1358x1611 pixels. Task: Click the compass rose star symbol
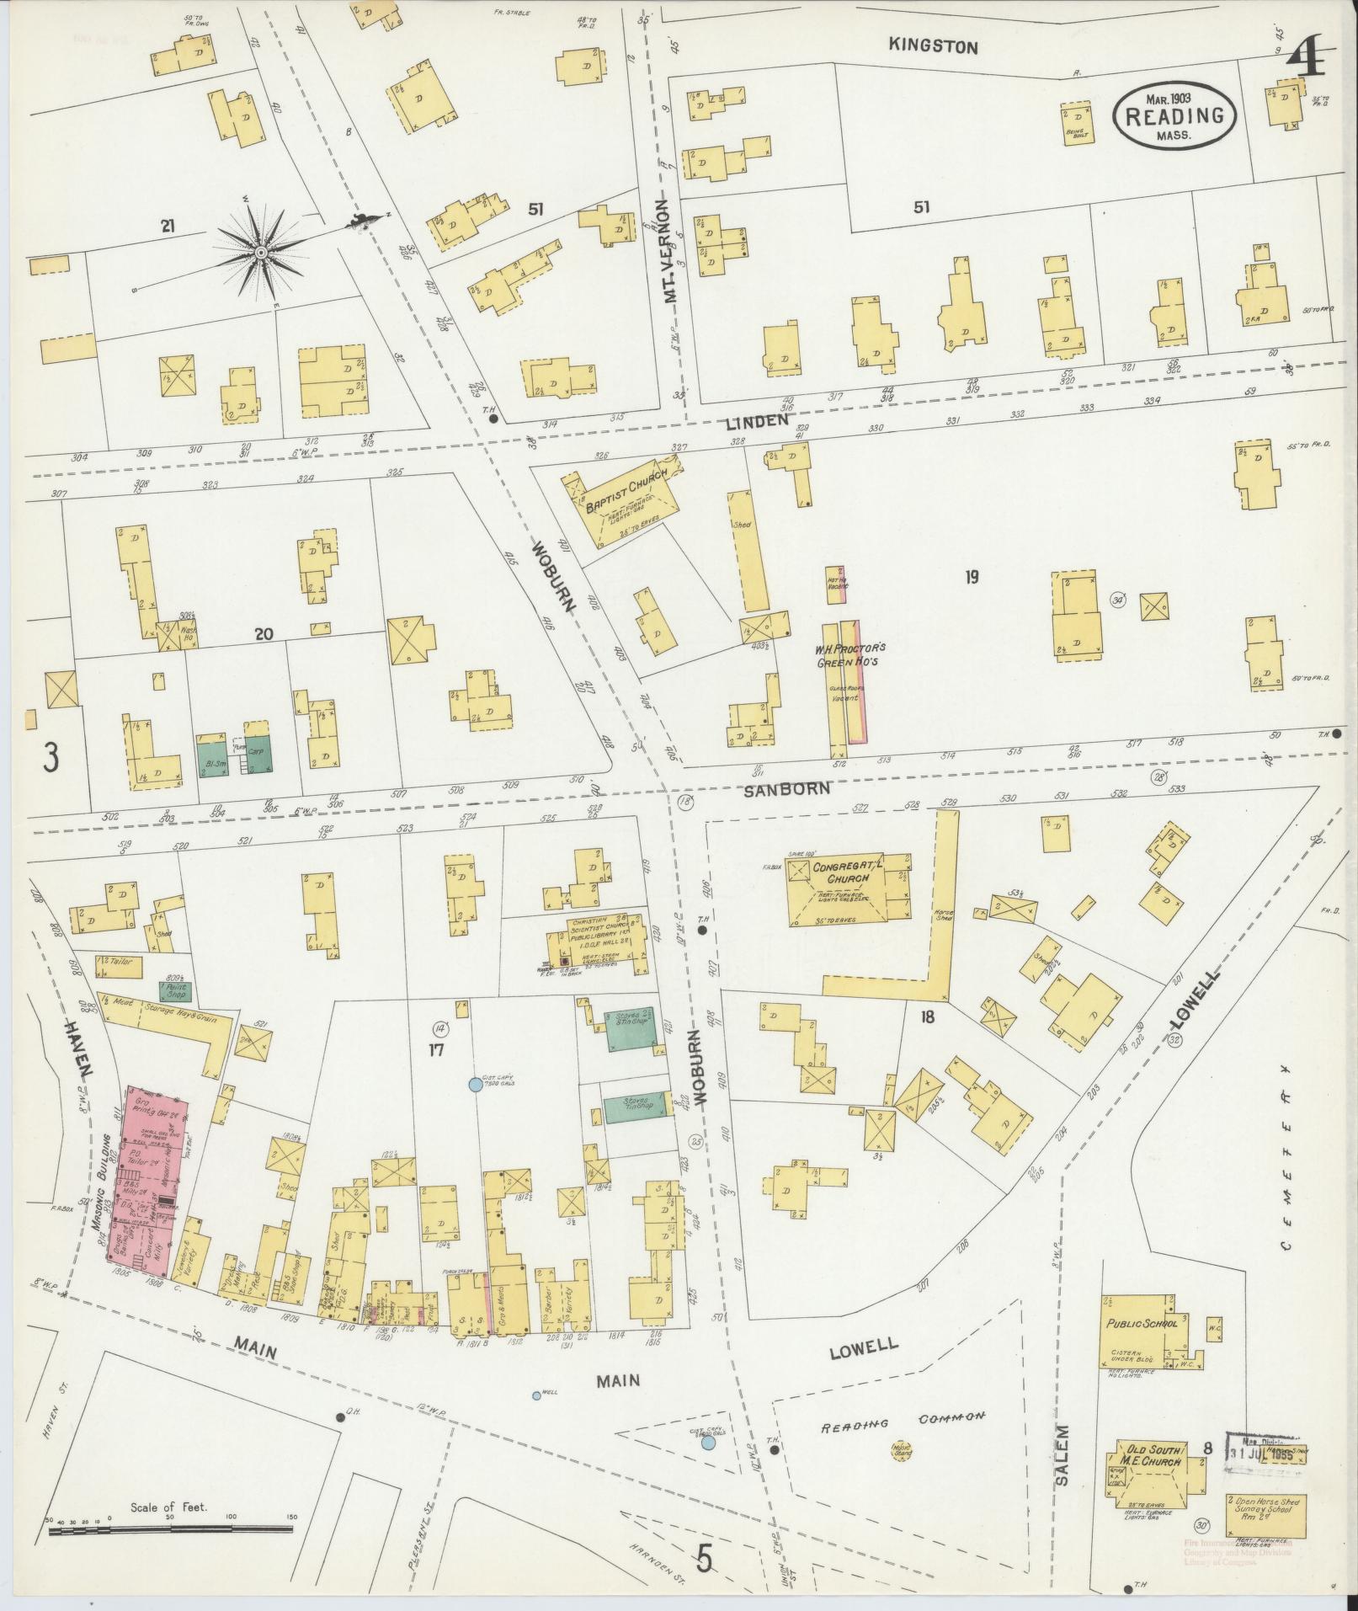[260, 251]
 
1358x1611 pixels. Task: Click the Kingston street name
[934, 47]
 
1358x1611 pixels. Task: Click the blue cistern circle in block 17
[475, 1086]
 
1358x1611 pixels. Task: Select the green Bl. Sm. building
[212, 754]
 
